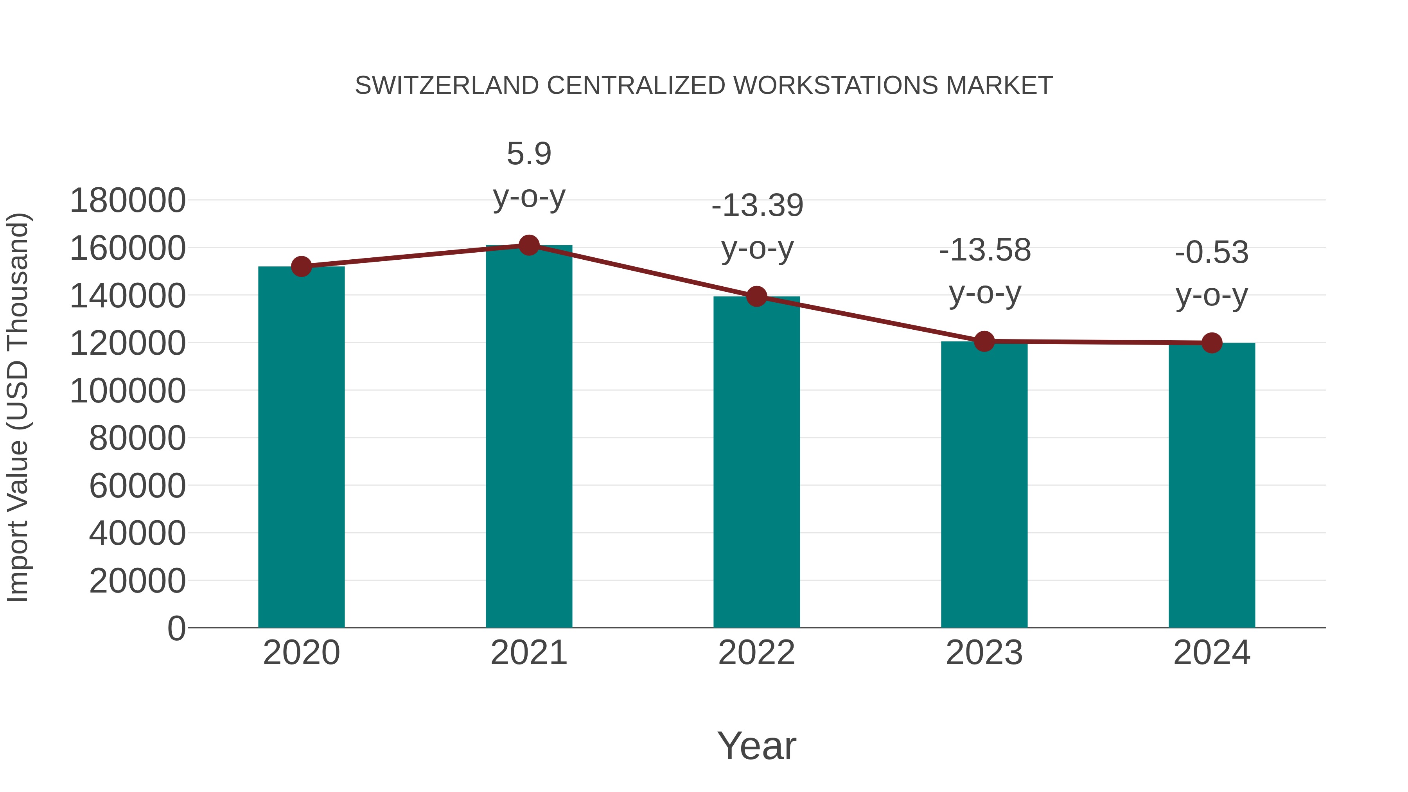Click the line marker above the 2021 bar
pos(528,245)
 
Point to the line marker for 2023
pos(984,341)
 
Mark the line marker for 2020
pos(301,267)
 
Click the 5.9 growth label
pos(528,154)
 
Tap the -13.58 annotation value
pos(984,250)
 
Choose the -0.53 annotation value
pos(1212,253)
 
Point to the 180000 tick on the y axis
pos(128,201)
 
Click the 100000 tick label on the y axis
pos(128,391)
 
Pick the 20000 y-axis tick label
pos(137,580)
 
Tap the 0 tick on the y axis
pos(176,628)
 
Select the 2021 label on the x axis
pos(528,653)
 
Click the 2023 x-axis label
pos(984,653)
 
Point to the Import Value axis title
pos(18,407)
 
